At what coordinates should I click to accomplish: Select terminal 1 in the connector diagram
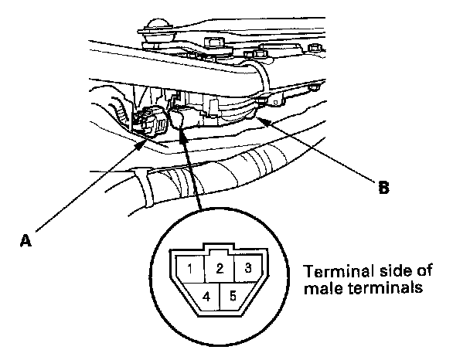coord(189,270)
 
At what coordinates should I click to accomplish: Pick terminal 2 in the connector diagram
coord(220,269)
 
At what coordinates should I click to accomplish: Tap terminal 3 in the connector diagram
coord(247,269)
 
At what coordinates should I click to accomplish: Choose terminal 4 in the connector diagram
coord(206,295)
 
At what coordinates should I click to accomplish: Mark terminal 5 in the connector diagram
coord(233,295)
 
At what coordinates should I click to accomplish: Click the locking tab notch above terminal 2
coord(220,250)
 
